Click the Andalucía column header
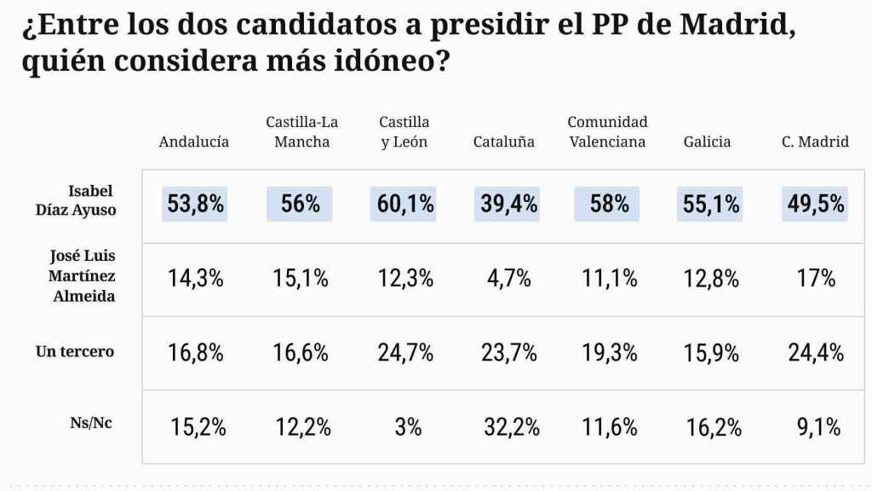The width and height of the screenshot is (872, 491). tap(193, 142)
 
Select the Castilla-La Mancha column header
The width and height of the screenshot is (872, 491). tap(302, 132)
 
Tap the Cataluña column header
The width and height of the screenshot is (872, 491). tap(503, 142)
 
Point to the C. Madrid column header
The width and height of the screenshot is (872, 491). tap(815, 142)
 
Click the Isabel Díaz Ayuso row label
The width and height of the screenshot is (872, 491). tap(91, 199)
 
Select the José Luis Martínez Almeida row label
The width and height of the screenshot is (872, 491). tap(82, 275)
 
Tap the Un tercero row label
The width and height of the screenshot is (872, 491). tap(75, 351)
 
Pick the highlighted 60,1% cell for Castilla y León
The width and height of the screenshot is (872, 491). tap(403, 204)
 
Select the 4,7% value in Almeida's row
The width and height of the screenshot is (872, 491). tap(508, 278)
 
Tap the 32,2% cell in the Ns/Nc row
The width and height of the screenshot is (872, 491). tap(511, 427)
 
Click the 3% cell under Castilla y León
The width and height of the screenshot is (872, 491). tap(408, 427)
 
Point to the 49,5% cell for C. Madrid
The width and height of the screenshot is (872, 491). tap(815, 204)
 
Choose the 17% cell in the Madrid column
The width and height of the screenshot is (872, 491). tap(816, 278)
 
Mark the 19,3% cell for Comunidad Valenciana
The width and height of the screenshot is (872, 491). tap(610, 352)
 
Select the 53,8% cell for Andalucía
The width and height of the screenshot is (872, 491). tap(195, 204)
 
